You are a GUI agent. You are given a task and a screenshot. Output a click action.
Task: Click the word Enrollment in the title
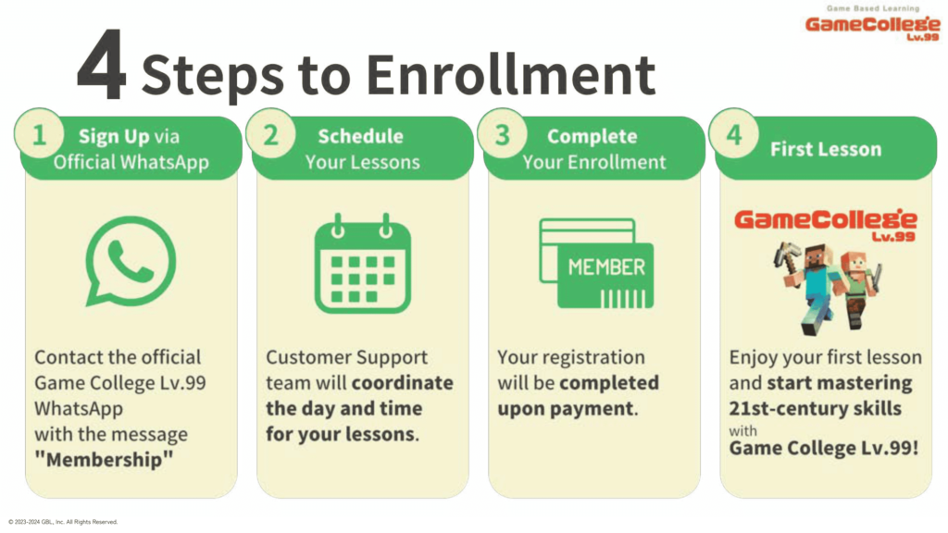click(x=511, y=75)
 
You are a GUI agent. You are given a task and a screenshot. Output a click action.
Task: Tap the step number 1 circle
click(x=39, y=134)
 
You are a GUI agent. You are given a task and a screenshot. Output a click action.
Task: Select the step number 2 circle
click(x=271, y=134)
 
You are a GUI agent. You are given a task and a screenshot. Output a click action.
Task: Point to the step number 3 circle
click(x=503, y=134)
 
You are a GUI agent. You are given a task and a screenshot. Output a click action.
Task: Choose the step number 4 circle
click(x=734, y=134)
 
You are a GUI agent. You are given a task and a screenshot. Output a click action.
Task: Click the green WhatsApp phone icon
click(x=131, y=261)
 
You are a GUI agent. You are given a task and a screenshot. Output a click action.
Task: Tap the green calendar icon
click(x=363, y=264)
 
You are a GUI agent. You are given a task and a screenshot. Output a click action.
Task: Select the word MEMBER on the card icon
click(x=606, y=267)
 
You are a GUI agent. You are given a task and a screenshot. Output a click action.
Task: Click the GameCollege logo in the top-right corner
click(x=872, y=24)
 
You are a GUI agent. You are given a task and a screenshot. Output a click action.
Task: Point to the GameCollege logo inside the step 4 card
click(x=825, y=224)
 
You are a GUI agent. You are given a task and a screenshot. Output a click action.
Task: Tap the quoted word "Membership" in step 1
click(x=104, y=460)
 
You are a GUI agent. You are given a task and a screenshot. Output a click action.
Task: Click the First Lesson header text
click(x=826, y=149)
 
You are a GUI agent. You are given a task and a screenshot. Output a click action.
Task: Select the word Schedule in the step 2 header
click(x=361, y=136)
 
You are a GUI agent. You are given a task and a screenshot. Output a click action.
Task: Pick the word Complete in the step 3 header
click(x=592, y=136)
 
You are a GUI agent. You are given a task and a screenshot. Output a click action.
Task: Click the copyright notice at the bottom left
click(x=63, y=522)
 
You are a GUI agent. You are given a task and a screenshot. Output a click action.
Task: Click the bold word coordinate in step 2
click(x=403, y=383)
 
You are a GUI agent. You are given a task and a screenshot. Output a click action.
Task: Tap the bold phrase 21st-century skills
click(x=815, y=409)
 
